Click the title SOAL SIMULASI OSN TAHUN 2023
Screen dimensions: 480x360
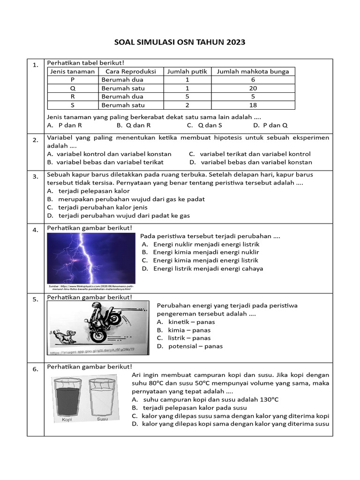pos(180,43)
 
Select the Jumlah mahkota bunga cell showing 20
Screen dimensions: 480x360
pos(253,88)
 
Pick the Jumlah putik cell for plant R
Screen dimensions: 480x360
pos(187,97)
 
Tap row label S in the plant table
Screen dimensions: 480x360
pos(72,105)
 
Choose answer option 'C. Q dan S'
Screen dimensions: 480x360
pos(204,125)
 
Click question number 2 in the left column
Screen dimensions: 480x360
pos(35,140)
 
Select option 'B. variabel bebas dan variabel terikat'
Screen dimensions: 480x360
pos(105,162)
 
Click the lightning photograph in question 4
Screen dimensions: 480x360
pos(91,257)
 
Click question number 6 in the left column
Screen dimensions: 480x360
pos(35,369)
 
